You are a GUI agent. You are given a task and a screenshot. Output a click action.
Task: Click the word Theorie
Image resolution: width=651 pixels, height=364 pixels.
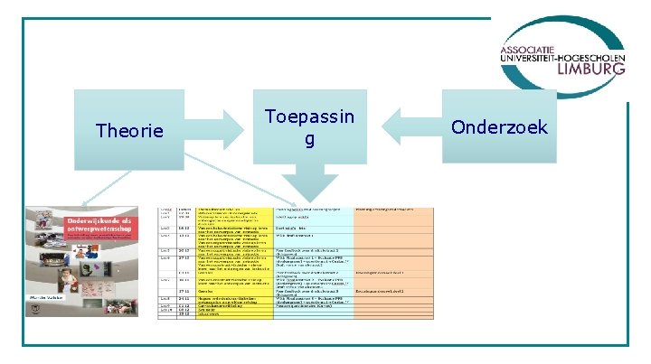129,132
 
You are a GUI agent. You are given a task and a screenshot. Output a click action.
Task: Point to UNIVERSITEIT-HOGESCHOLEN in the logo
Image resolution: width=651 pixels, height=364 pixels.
561,56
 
